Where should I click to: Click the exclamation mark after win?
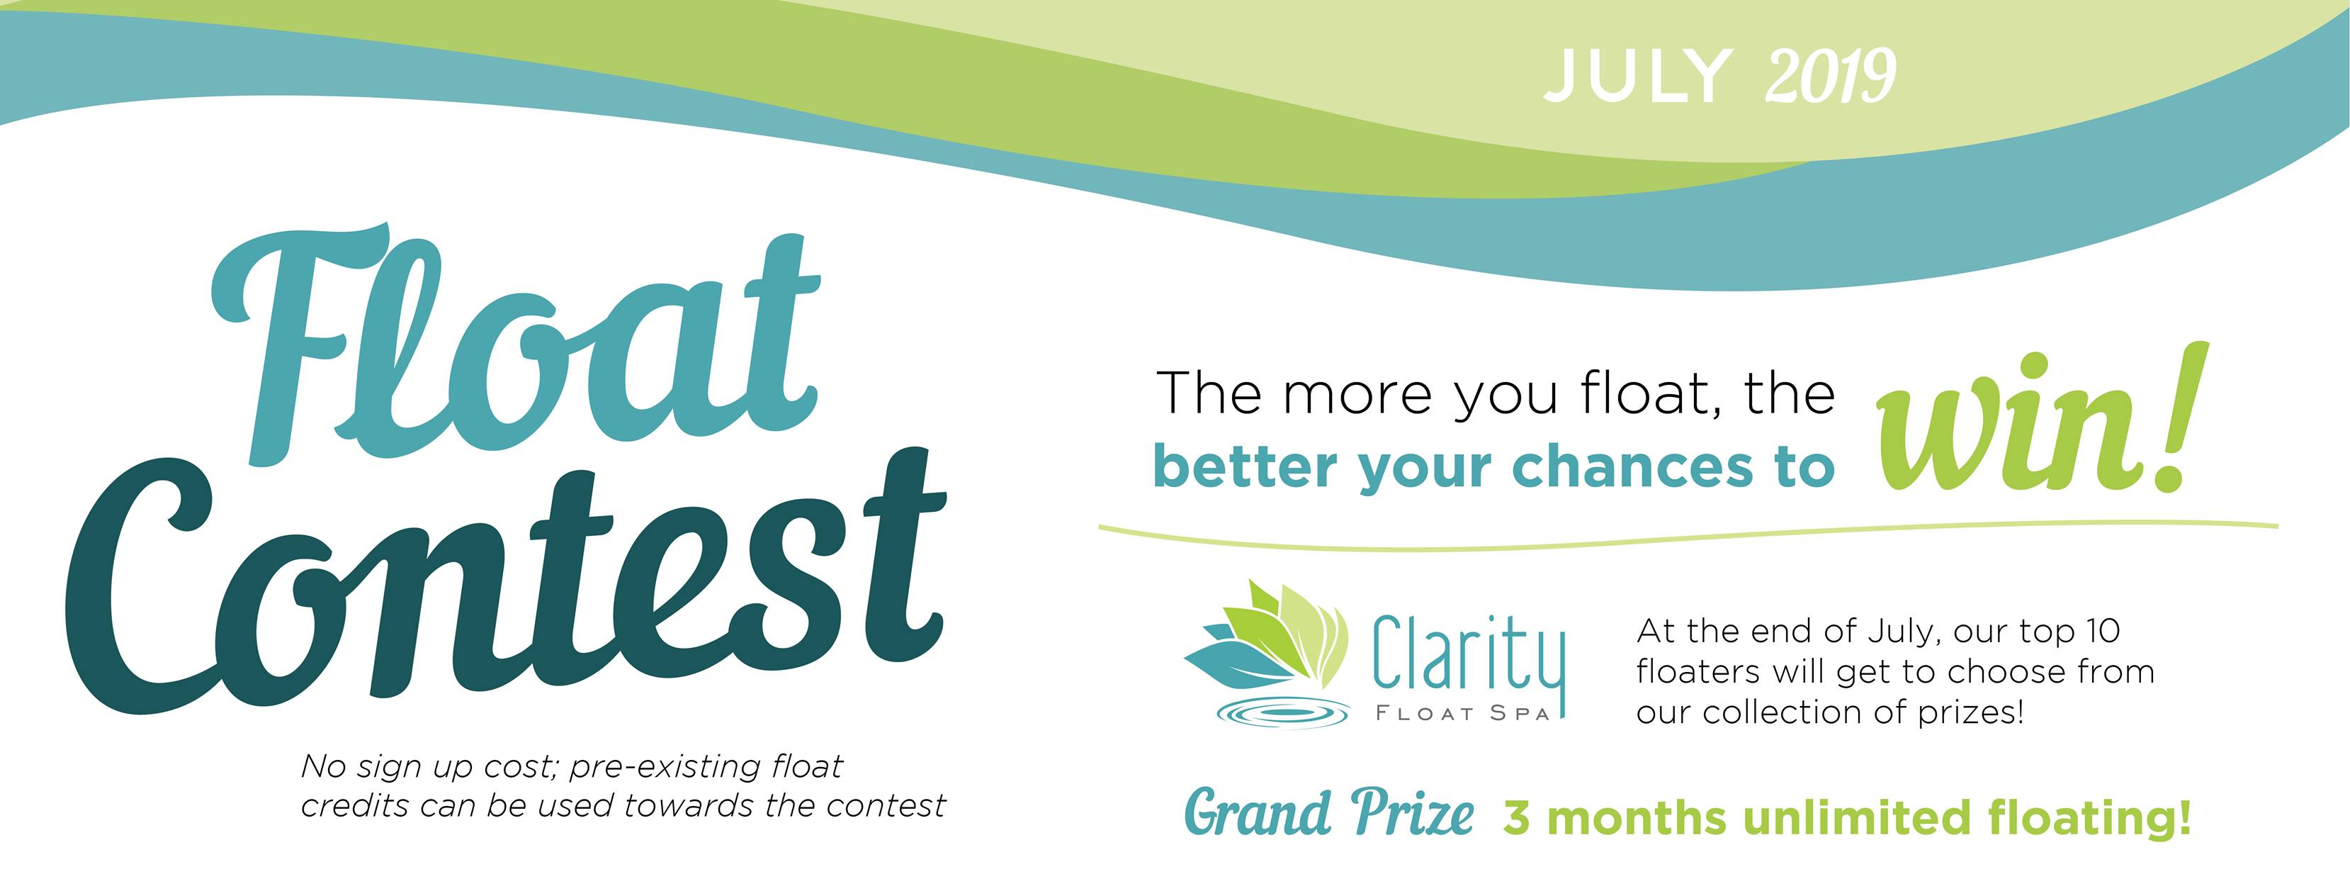tap(2185, 420)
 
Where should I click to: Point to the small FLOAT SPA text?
tap(1462, 715)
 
